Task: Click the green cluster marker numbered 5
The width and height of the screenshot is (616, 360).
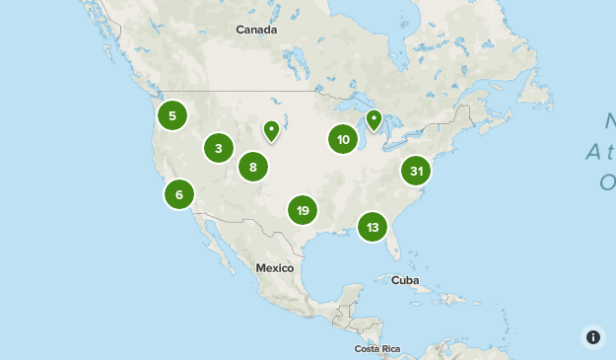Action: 172,115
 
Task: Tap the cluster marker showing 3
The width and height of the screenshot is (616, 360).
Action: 219,149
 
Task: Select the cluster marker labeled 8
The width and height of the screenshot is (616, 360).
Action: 253,167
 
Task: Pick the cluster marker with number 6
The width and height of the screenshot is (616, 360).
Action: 179,194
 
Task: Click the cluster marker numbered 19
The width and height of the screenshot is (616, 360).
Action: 303,210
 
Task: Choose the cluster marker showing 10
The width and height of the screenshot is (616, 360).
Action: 343,140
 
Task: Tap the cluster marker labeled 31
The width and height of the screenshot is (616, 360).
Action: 417,171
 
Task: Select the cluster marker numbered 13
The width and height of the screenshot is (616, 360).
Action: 373,228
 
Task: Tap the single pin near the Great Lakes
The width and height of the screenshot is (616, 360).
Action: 374,119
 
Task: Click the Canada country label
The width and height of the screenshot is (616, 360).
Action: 256,30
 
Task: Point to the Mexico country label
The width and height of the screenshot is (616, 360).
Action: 275,268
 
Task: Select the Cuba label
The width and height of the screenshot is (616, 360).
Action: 405,280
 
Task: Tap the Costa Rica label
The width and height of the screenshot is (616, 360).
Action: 377,349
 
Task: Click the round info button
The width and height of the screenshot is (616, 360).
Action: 593,336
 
